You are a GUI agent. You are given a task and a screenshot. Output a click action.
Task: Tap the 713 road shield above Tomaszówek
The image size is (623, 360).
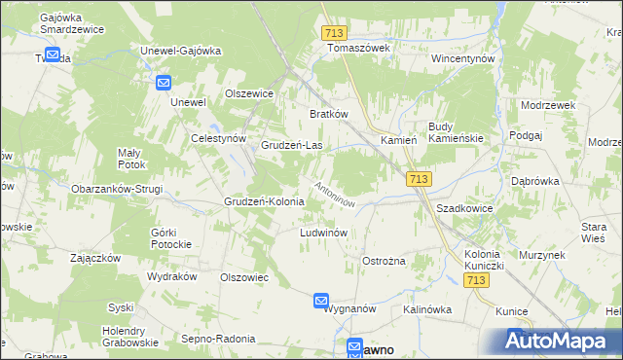click(x=334, y=33)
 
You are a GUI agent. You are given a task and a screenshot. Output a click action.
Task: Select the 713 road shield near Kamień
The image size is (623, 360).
click(x=419, y=179)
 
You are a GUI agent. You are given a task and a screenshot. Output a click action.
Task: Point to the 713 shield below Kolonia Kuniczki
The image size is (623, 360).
click(x=476, y=280)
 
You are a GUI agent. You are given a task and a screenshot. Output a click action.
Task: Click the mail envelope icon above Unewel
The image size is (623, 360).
click(x=163, y=84)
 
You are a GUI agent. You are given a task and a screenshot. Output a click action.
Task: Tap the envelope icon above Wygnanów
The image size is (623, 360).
click(x=322, y=302)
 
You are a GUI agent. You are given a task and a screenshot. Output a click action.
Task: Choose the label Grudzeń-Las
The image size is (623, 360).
click(x=292, y=146)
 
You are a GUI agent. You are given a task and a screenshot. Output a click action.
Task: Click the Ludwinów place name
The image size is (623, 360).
click(x=324, y=234)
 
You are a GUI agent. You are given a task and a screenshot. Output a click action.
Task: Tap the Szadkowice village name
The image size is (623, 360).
click(x=464, y=209)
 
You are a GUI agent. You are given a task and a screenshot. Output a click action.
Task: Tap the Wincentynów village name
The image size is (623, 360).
click(x=464, y=59)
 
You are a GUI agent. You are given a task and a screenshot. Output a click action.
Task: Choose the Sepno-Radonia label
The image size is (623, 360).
click(x=218, y=339)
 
